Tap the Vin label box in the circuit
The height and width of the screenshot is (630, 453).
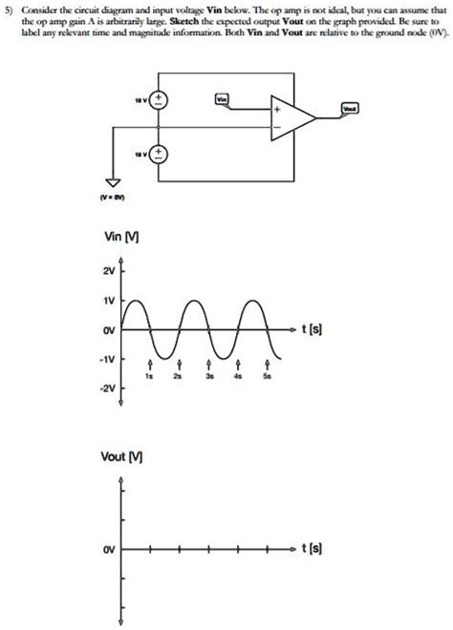coord(223,99)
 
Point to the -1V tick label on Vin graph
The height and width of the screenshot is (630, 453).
coord(107,360)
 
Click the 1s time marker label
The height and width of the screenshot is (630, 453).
coord(150,377)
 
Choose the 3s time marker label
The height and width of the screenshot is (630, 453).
coord(208,377)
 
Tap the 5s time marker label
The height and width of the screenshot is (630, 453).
coord(268,377)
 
